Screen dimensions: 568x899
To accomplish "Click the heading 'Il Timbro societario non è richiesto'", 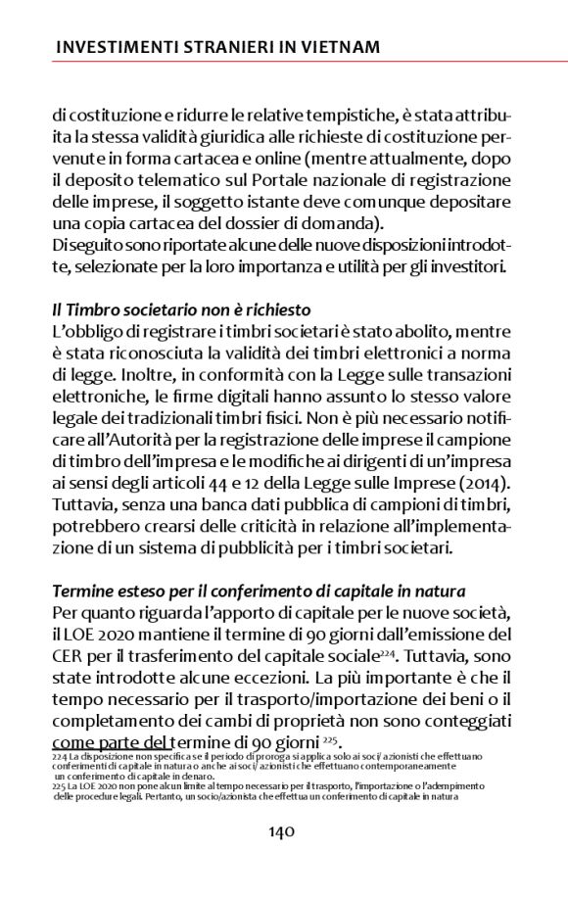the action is (182, 308).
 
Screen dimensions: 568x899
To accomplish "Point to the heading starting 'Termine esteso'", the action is (274, 591).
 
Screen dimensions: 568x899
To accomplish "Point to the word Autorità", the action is (121, 440).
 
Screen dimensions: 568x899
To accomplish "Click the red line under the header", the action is (284, 62).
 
